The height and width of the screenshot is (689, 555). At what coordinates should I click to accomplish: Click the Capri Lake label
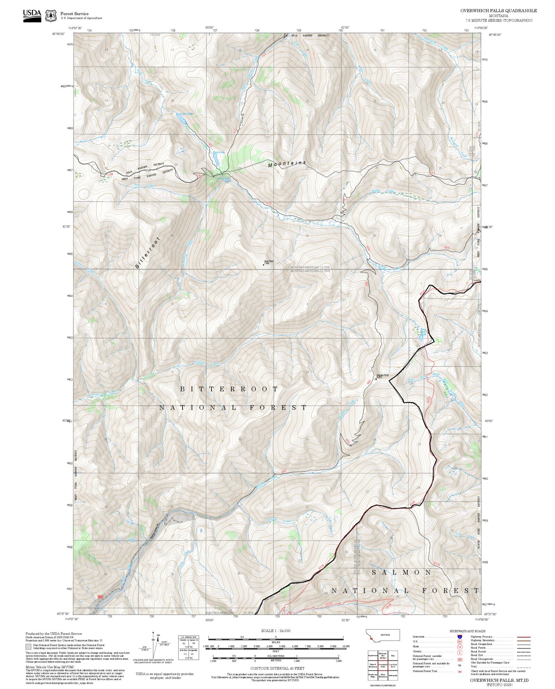point(187,114)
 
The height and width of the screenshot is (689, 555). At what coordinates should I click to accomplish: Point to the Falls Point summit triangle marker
point(263,264)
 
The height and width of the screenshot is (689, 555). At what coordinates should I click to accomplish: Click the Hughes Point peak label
point(382,376)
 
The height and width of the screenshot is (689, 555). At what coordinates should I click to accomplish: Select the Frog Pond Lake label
point(423,331)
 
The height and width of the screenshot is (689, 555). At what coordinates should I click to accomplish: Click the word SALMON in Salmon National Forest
point(401,572)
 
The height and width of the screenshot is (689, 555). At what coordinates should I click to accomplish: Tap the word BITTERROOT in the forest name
point(229,389)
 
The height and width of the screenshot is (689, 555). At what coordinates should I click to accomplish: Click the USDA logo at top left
point(32,15)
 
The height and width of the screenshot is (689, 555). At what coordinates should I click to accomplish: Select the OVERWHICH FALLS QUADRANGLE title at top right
point(499,11)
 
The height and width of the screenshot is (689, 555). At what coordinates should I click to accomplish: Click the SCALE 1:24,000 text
point(276,631)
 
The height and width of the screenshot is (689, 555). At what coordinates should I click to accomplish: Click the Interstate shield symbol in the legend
point(459,637)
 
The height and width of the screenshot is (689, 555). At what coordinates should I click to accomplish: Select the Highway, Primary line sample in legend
point(524,637)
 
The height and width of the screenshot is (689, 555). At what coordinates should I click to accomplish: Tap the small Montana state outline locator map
point(384,635)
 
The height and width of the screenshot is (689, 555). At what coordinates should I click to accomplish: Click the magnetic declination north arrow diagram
point(154,645)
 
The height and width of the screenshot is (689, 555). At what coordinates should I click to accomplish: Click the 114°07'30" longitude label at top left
point(75,28)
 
